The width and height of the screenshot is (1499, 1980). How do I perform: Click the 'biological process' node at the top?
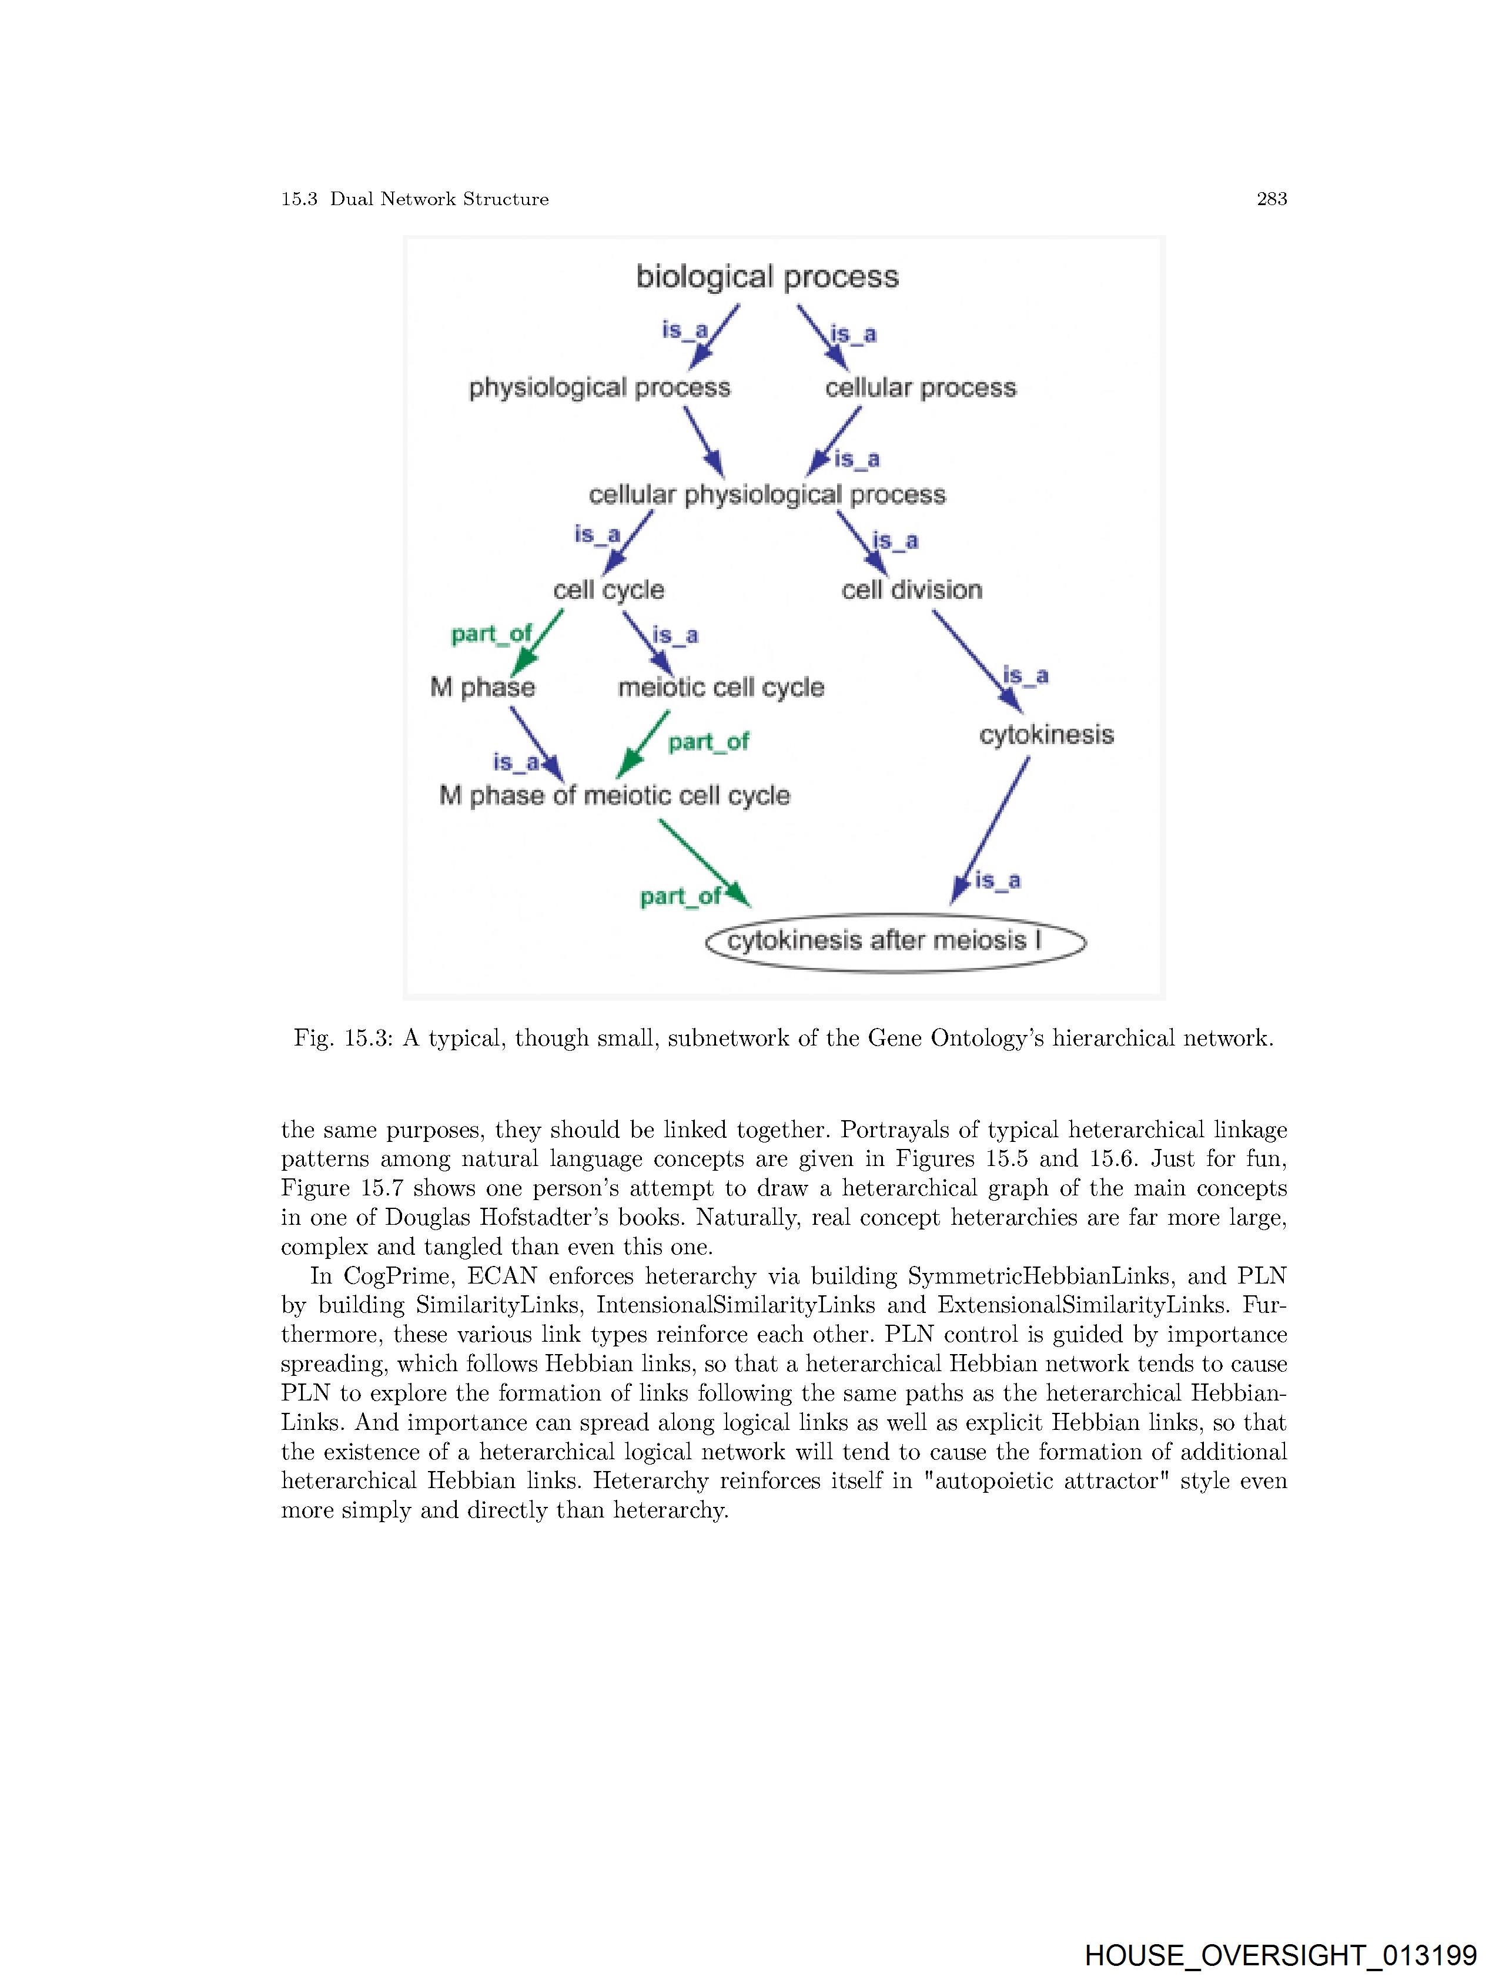click(767, 277)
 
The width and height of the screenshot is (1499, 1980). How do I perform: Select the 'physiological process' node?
click(599, 387)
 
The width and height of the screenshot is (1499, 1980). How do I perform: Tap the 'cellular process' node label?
click(921, 387)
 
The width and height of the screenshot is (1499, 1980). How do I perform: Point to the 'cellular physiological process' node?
click(767, 495)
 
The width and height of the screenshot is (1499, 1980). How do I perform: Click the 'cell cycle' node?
click(609, 590)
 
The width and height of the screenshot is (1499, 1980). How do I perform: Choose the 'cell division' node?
click(912, 590)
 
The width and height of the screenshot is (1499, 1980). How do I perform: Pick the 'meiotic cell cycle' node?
click(721, 688)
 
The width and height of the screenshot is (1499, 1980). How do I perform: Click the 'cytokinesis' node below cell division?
click(1046, 735)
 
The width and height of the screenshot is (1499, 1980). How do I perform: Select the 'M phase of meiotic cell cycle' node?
click(614, 796)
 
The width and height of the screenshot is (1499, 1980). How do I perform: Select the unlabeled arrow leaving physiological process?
click(704, 441)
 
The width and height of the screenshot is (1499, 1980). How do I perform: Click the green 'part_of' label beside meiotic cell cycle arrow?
click(708, 742)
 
